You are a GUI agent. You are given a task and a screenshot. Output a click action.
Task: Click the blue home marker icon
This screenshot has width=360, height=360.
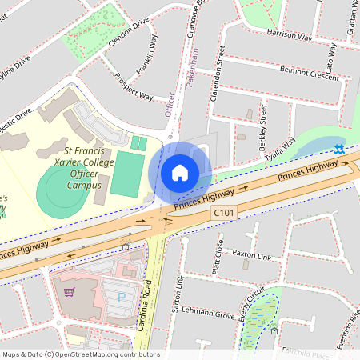(180, 172)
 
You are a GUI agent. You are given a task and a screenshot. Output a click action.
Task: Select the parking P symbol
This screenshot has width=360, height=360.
(122, 298)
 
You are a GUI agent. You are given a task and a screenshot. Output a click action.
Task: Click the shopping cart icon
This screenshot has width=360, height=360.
(70, 292)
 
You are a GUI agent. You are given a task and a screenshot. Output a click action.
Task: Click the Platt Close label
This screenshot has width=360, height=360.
(218, 256)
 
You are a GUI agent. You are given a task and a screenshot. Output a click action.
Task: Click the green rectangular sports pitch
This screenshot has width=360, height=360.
(124, 177)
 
